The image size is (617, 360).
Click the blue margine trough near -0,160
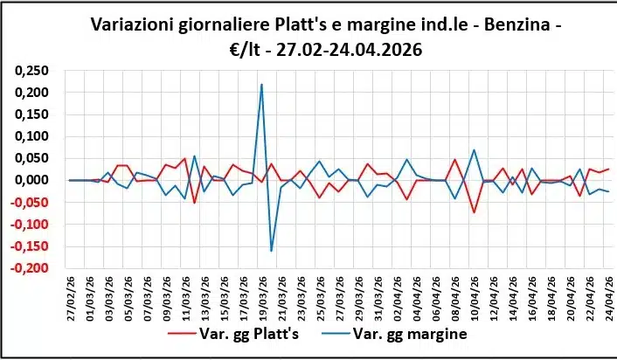(x=271, y=252)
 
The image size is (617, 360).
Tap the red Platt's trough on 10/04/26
(x=474, y=213)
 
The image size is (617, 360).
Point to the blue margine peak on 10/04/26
(x=474, y=149)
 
